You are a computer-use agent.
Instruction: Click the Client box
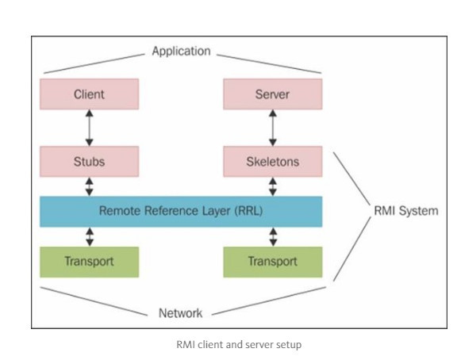click(90, 94)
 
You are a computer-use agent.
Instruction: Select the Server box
click(272, 94)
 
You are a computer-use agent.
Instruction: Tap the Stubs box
click(90, 161)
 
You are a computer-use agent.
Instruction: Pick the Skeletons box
click(272, 161)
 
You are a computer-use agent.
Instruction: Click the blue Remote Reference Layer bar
click(181, 212)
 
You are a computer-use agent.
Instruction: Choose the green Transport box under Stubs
click(90, 262)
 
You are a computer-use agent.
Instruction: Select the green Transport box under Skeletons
click(272, 262)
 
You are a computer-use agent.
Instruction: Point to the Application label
click(181, 51)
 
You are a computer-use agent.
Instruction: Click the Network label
click(181, 313)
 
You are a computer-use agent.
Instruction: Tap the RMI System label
click(406, 211)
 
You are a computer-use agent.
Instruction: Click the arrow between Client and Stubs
click(90, 128)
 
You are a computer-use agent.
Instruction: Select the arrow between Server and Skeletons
click(272, 128)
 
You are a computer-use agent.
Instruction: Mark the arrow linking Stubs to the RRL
click(90, 186)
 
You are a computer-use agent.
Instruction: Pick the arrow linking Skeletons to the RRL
click(272, 186)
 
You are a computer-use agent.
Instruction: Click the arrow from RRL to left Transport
click(90, 237)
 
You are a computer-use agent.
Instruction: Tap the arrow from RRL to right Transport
click(273, 237)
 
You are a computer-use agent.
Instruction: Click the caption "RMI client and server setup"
click(239, 344)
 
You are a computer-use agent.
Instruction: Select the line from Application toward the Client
click(94, 63)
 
